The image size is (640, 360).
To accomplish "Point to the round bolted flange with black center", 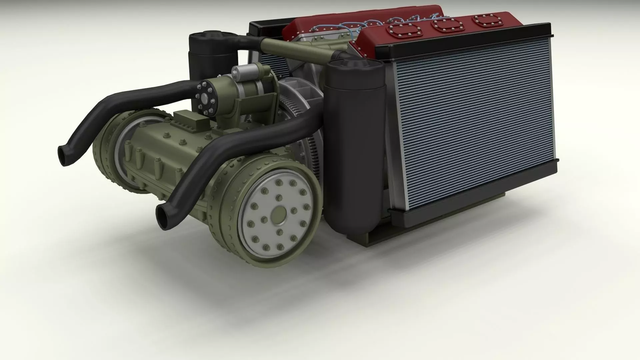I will point(204,97).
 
